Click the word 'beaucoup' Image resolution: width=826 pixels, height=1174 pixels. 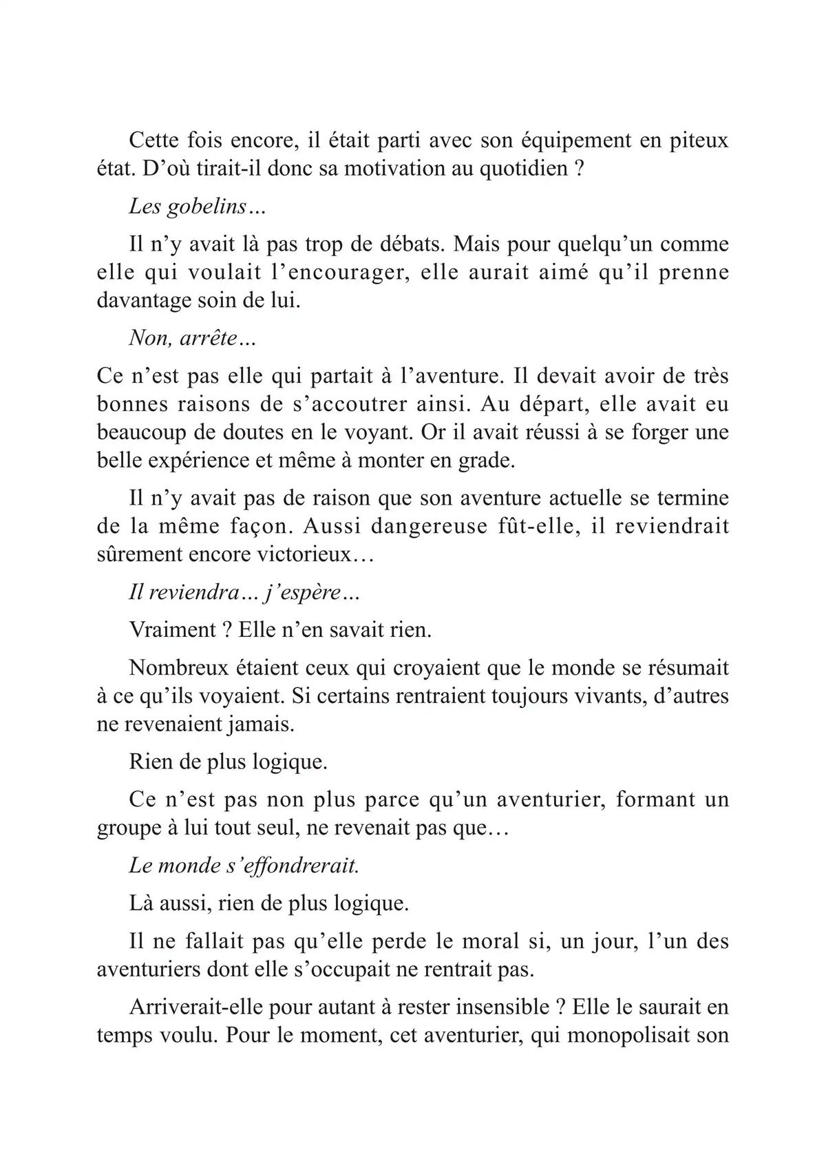(140, 432)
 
